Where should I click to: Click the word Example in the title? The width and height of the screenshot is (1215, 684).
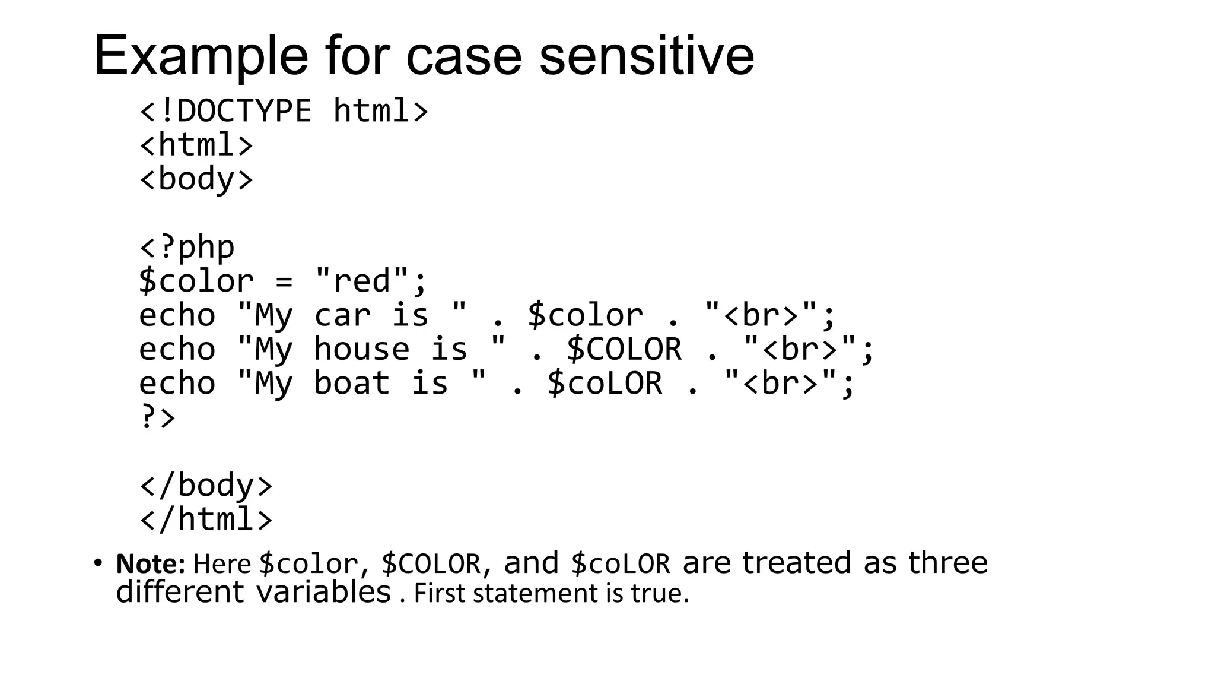[201, 56]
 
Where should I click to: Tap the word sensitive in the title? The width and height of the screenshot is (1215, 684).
[647, 56]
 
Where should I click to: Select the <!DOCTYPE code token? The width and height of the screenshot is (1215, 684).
[225, 111]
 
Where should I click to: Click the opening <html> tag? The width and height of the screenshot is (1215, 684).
[196, 145]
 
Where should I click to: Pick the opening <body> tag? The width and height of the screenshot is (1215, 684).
[196, 179]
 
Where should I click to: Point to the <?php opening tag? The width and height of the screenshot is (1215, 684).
[187, 247]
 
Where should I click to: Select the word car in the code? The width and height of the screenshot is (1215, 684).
[342, 315]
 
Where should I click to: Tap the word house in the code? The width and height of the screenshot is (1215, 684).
[361, 349]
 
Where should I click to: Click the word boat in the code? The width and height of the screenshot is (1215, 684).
[352, 383]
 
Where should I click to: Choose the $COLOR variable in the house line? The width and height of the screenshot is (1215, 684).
[624, 349]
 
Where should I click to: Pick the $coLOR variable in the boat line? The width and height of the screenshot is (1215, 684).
[605, 383]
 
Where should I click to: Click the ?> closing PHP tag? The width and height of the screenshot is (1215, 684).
[157, 417]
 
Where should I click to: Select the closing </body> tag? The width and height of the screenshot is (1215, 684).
[206, 485]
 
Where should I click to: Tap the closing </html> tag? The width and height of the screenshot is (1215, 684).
[206, 519]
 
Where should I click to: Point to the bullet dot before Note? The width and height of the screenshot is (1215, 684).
[98, 562]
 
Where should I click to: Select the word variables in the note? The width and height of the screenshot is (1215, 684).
[323, 592]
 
